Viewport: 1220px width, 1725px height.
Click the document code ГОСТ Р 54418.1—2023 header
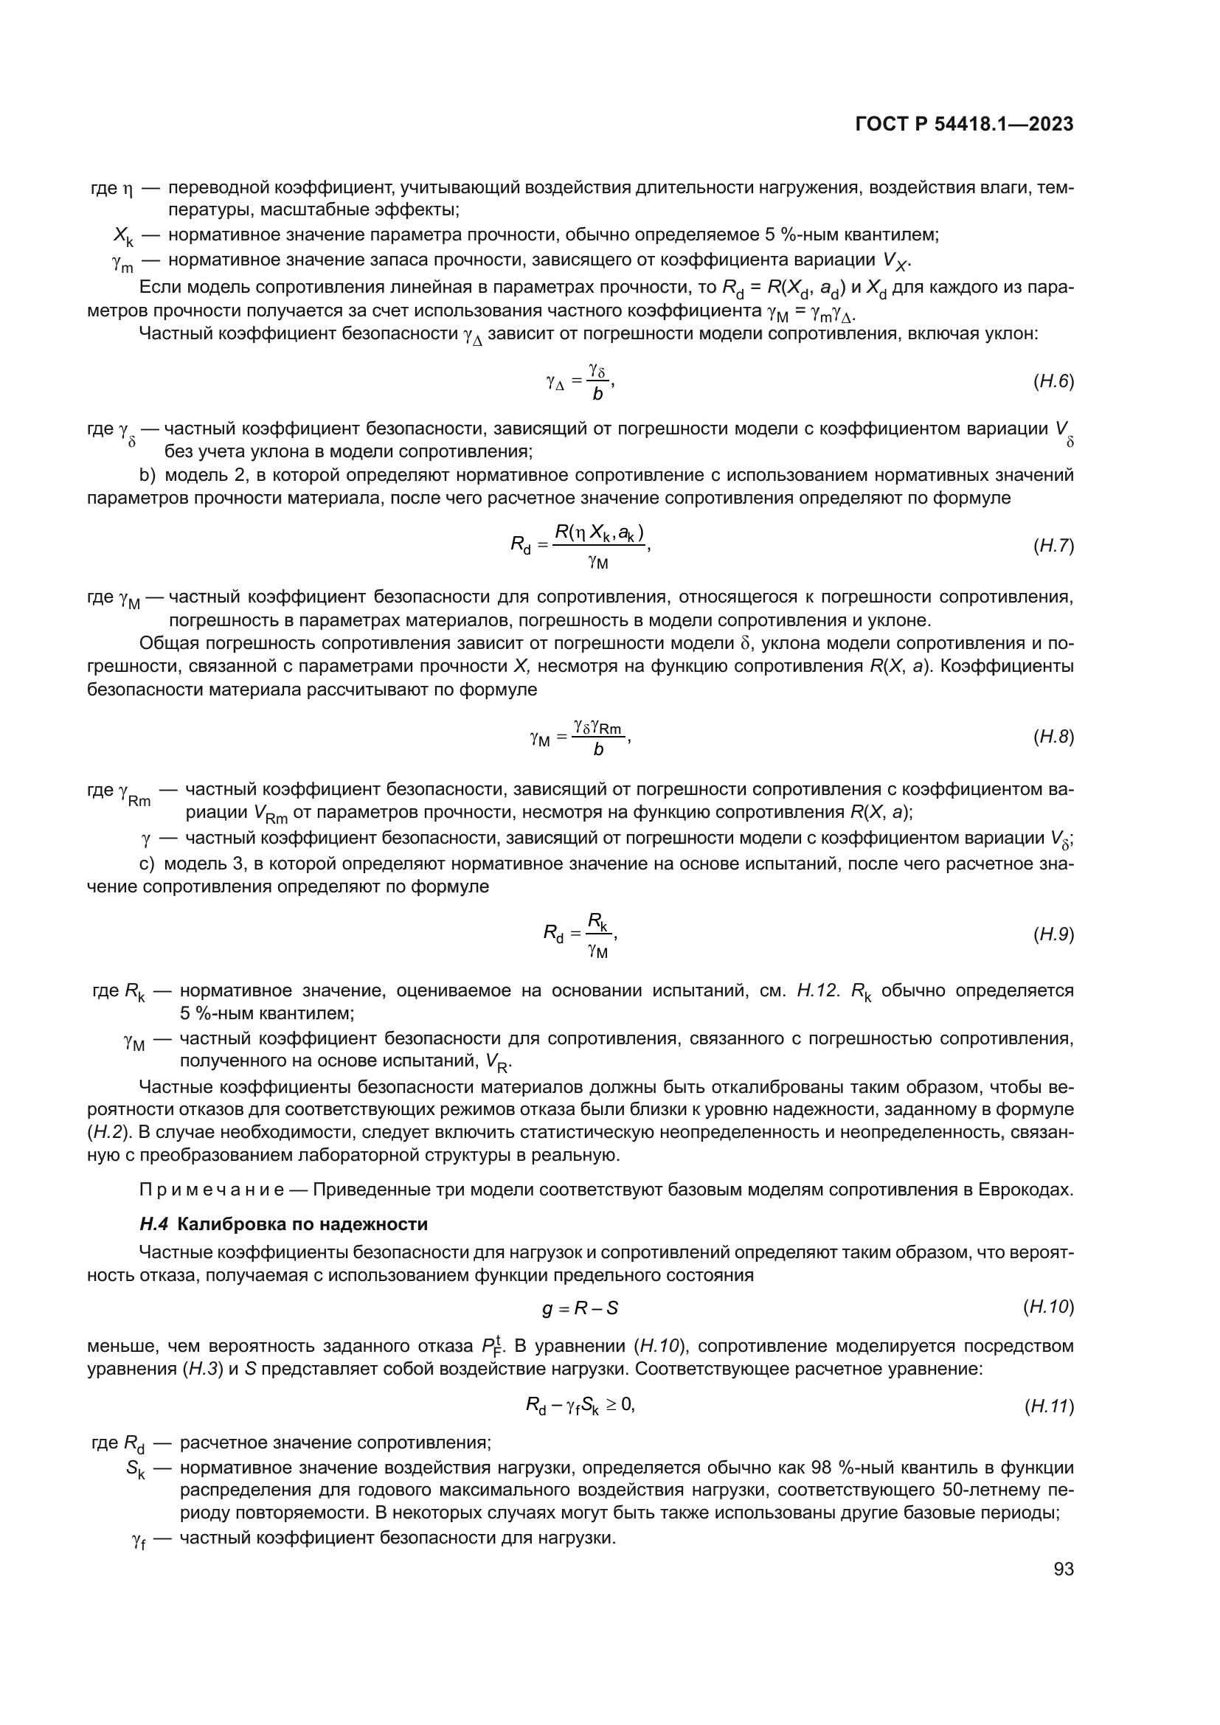(964, 125)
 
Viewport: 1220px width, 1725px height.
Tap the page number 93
(1063, 1569)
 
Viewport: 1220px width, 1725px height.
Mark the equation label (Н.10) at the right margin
(1048, 1308)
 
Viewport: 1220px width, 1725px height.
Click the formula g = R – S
(580, 1309)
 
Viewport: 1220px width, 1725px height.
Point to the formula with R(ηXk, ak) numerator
(579, 546)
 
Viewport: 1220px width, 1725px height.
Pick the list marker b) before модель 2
(148, 476)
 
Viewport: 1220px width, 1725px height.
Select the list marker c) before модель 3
(148, 864)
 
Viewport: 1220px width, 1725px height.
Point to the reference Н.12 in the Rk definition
(817, 991)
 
